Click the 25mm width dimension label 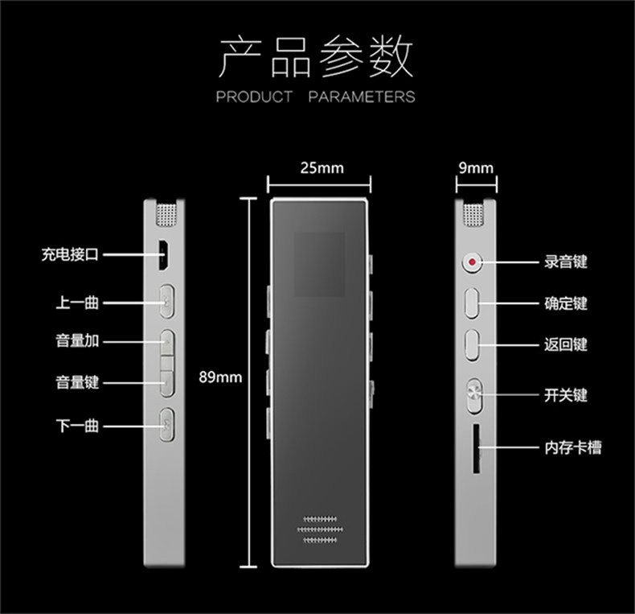(x=321, y=168)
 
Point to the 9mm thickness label (x=475, y=168)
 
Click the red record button (x=471, y=262)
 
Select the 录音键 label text (x=566, y=262)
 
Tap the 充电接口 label (x=70, y=255)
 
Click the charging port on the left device (x=164, y=255)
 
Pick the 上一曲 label (x=77, y=303)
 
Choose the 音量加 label (x=77, y=340)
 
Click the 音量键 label (x=77, y=382)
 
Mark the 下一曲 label (x=77, y=425)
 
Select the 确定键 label (x=566, y=303)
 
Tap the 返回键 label (x=566, y=344)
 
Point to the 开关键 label (x=566, y=395)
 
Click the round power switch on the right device (x=473, y=395)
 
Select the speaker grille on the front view (x=320, y=529)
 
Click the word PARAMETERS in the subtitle (x=362, y=97)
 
